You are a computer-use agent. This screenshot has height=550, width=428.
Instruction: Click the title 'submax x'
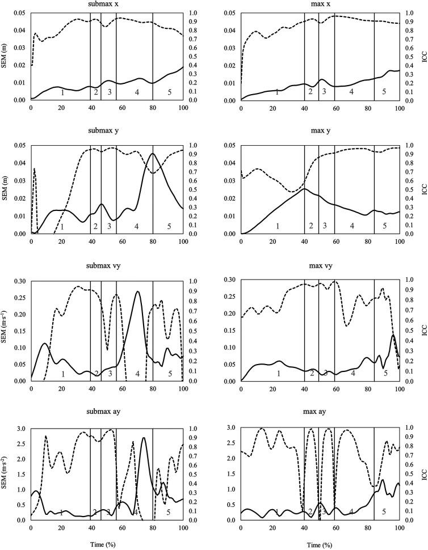(x=107, y=5)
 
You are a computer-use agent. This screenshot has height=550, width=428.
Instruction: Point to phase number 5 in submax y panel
(x=169, y=227)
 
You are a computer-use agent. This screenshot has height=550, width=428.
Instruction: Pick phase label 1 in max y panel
(x=277, y=226)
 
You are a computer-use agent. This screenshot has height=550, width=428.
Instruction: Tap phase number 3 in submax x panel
(x=109, y=92)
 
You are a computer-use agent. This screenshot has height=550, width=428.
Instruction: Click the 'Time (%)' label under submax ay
(x=107, y=543)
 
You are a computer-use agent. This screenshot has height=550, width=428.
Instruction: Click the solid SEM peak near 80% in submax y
(x=153, y=154)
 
